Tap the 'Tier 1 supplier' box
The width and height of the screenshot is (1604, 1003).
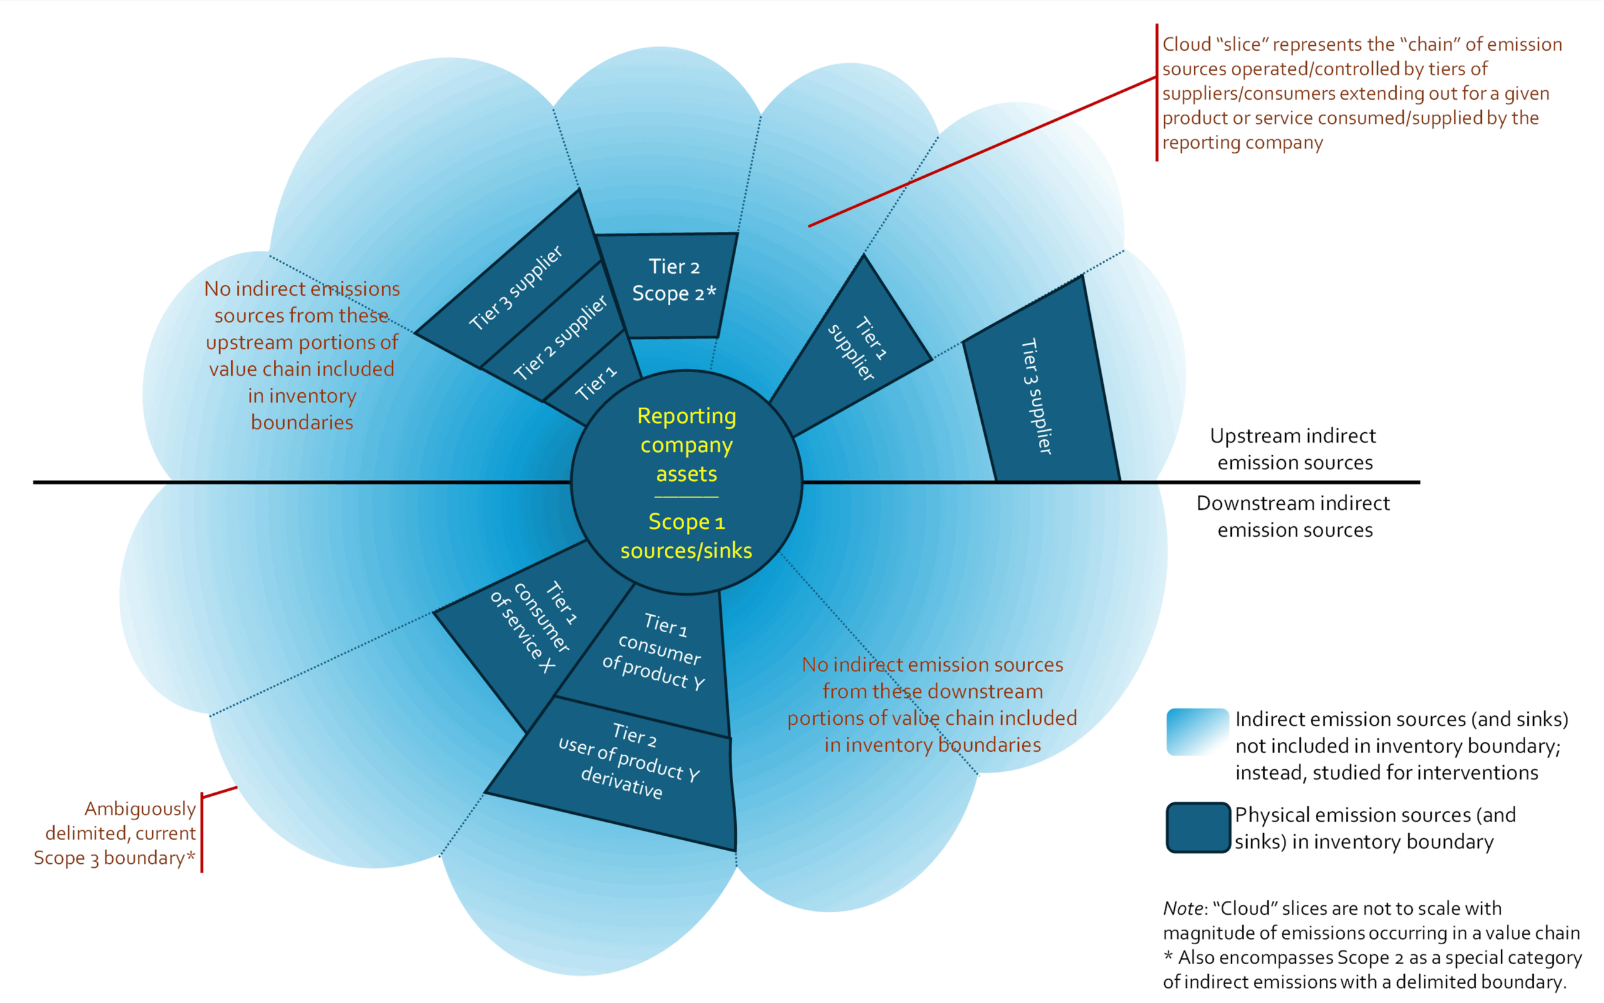(852, 351)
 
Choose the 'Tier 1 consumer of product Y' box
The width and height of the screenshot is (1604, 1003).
(654, 653)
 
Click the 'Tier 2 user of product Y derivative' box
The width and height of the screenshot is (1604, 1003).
(627, 763)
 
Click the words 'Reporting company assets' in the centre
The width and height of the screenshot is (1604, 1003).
(687, 444)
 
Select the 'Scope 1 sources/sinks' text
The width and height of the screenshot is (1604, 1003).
(687, 536)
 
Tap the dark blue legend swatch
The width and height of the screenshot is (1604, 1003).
(1198, 827)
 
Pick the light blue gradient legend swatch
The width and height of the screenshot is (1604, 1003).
(1198, 732)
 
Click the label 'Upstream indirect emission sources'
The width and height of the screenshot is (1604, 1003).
(1294, 449)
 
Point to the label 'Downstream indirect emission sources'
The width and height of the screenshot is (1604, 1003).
(1294, 516)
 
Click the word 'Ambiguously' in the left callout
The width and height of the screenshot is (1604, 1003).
(140, 809)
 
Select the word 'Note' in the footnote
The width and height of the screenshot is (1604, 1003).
(1183, 908)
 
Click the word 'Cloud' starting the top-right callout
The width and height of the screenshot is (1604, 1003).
(1187, 44)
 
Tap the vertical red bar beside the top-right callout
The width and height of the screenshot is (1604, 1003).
(1157, 93)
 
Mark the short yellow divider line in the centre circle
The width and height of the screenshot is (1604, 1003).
(687, 496)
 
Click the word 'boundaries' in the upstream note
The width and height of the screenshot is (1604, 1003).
(302, 422)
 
